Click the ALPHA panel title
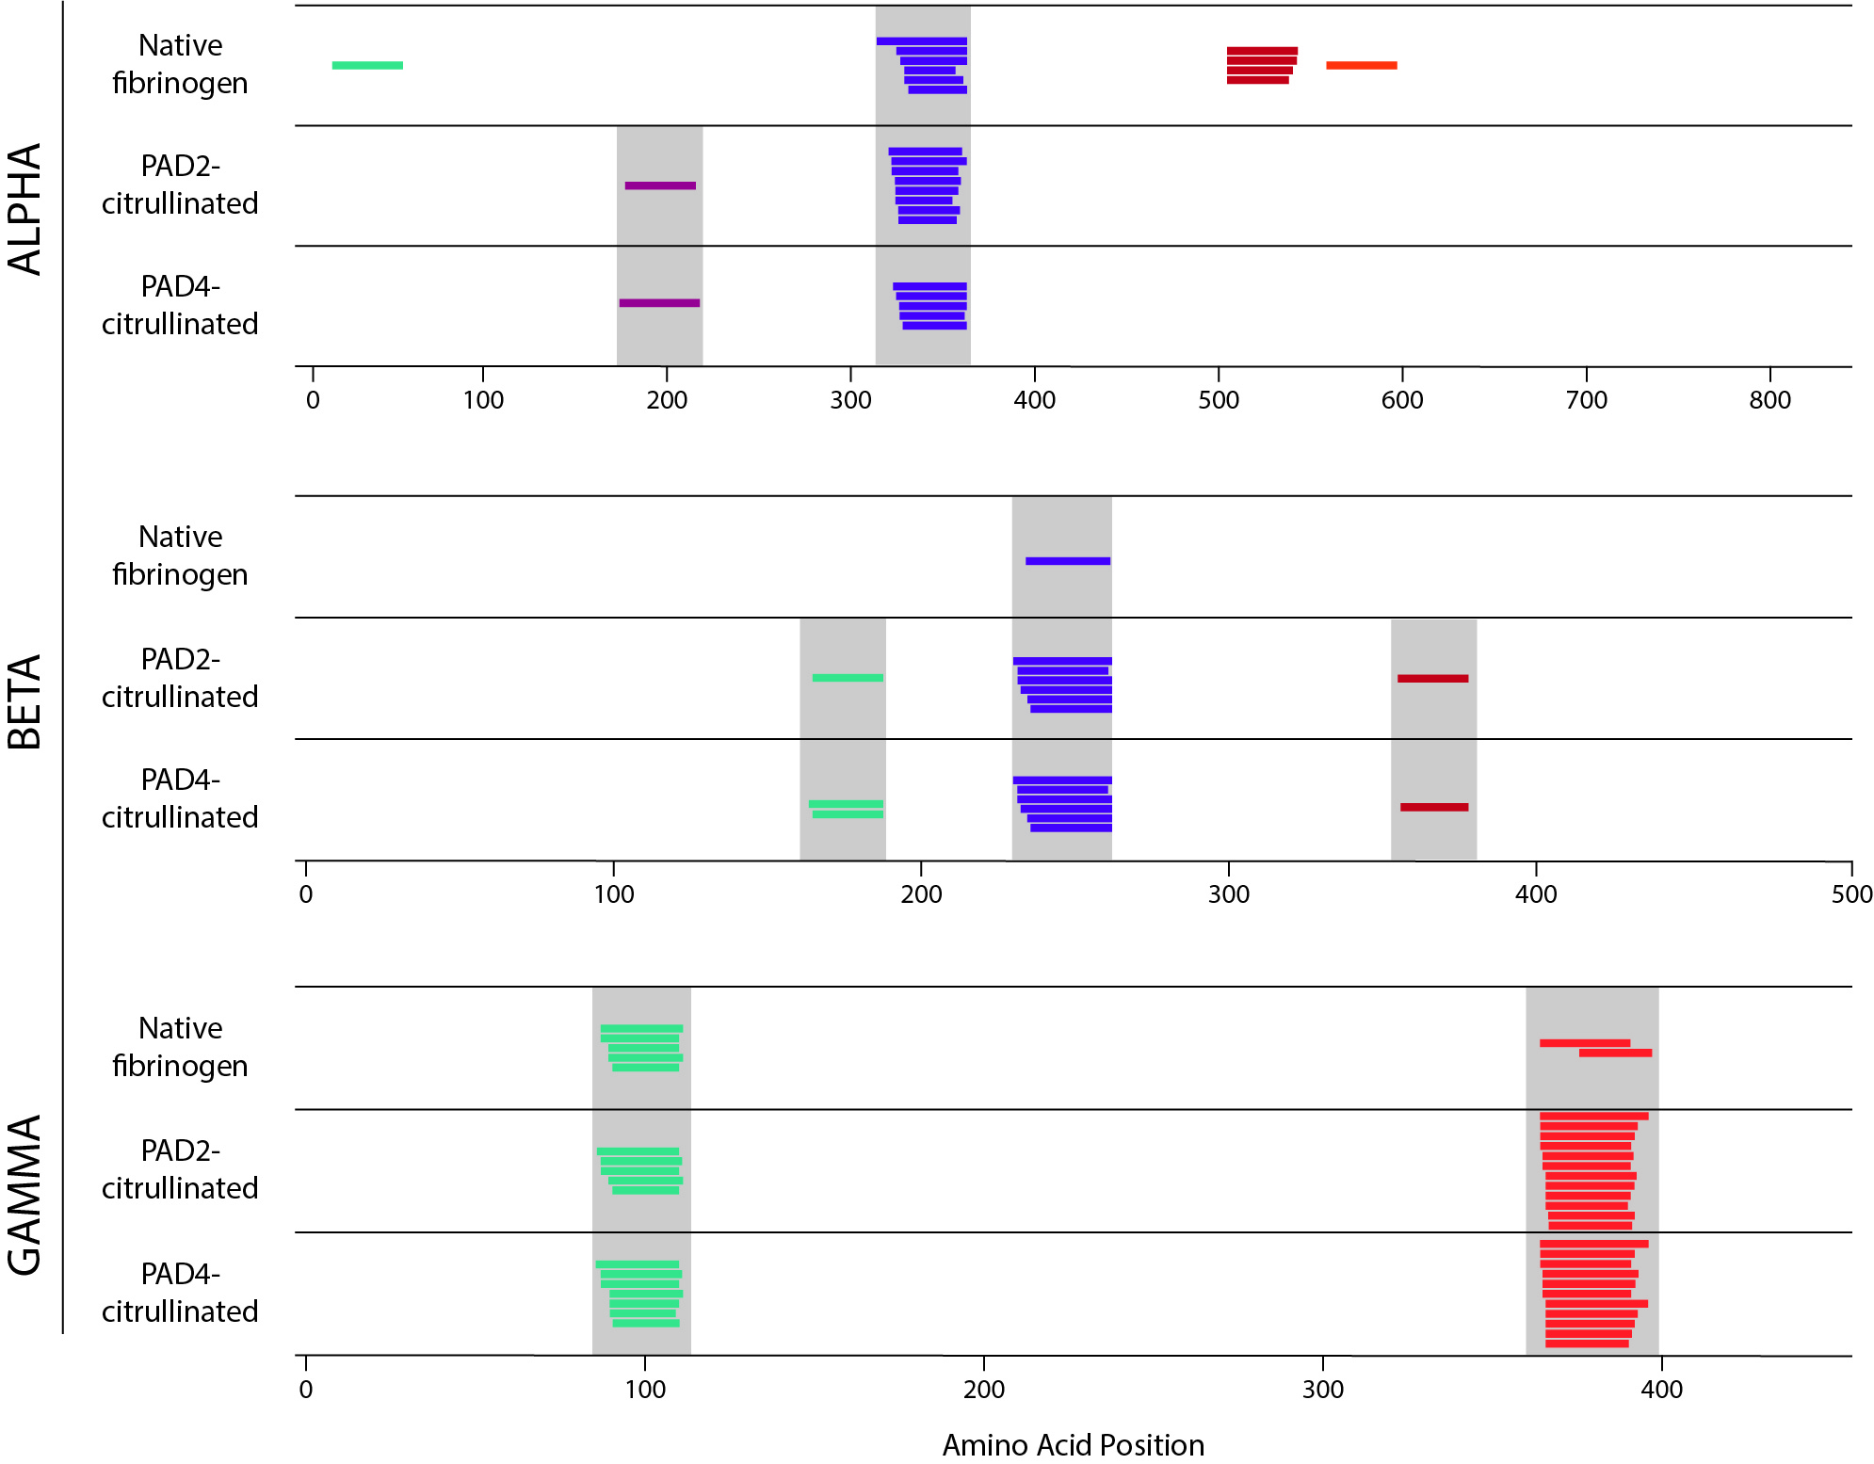(x=25, y=209)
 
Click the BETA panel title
(x=25, y=701)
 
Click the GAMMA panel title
(x=25, y=1195)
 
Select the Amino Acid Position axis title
(x=1073, y=1444)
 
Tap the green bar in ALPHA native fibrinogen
(x=367, y=65)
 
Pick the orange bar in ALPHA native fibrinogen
(x=1361, y=65)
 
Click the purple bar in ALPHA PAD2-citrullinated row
(x=660, y=185)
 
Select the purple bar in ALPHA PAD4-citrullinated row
(x=659, y=303)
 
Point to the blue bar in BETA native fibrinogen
(x=1067, y=561)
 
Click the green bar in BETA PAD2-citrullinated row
(x=848, y=678)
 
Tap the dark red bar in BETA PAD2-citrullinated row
(x=1432, y=678)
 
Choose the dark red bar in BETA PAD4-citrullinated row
(x=1434, y=807)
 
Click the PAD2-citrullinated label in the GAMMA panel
(x=180, y=1169)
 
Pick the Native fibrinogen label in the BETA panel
(x=180, y=555)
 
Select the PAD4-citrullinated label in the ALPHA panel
(x=180, y=305)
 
